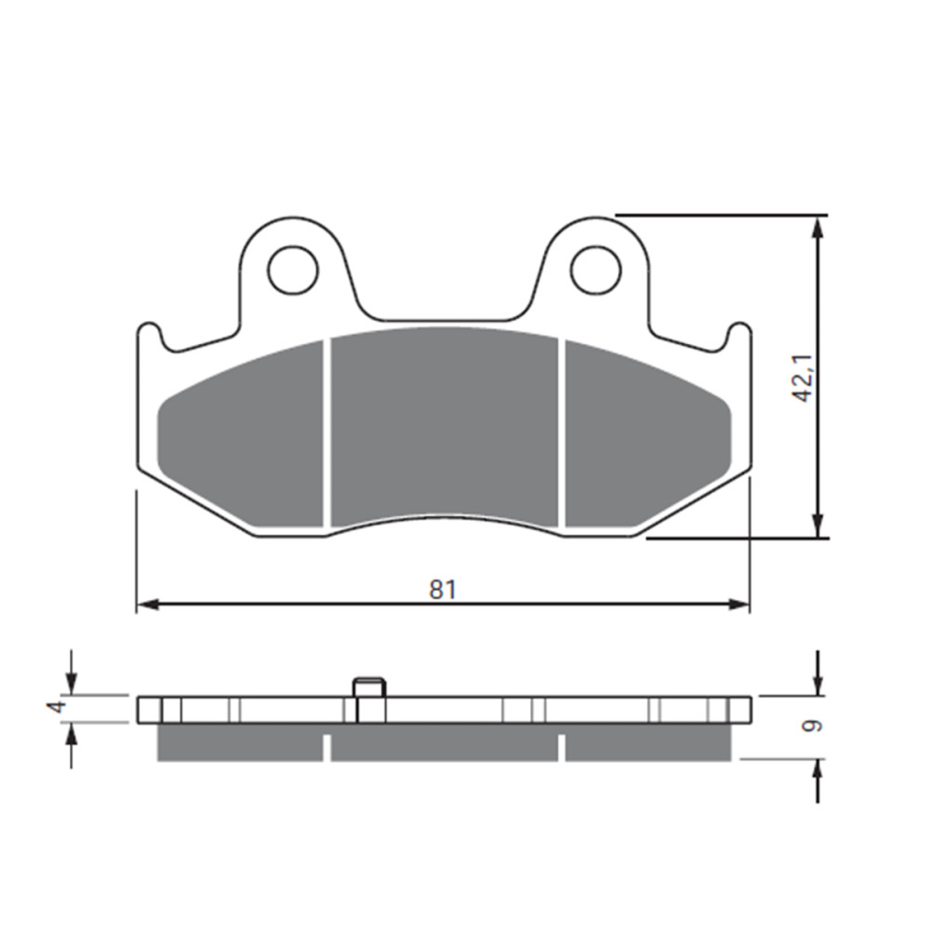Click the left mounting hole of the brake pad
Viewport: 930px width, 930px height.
click(293, 270)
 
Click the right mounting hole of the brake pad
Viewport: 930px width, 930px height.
click(595, 270)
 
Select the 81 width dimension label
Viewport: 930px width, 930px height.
click(443, 589)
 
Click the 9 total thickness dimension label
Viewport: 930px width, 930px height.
click(816, 725)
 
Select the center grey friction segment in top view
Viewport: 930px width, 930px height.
click(445, 428)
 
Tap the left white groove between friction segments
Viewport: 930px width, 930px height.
click(327, 432)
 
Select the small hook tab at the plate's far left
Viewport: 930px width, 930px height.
click(147, 333)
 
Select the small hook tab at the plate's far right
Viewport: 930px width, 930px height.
click(739, 333)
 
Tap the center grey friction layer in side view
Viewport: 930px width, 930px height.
click(445, 741)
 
